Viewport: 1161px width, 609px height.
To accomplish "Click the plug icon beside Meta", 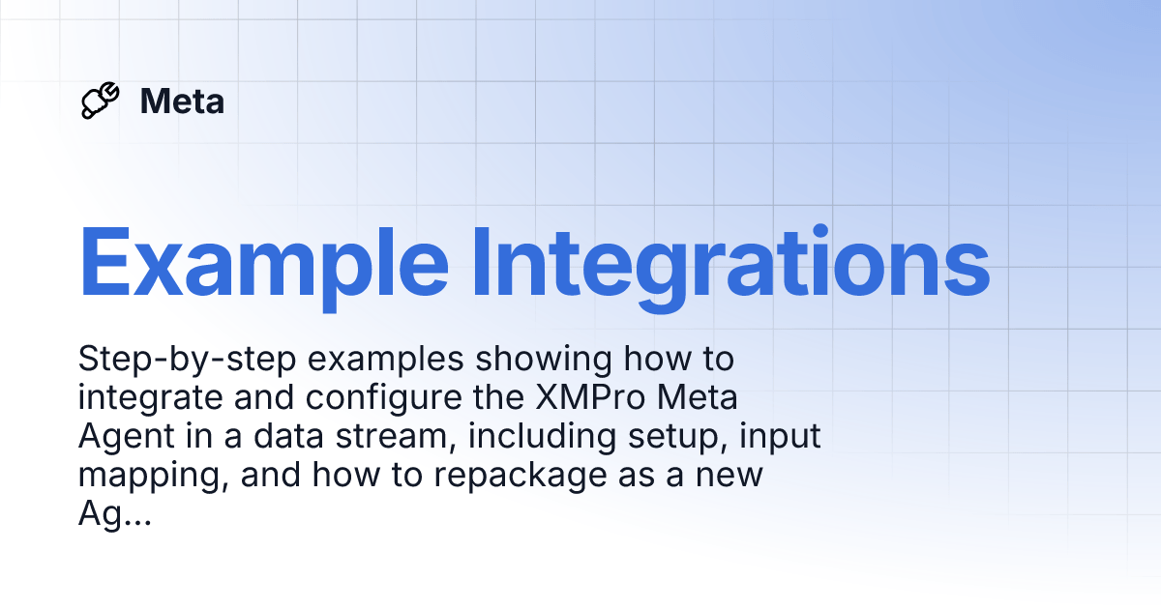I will [x=101, y=101].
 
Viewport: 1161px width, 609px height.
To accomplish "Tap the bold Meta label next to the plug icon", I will [x=182, y=101].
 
